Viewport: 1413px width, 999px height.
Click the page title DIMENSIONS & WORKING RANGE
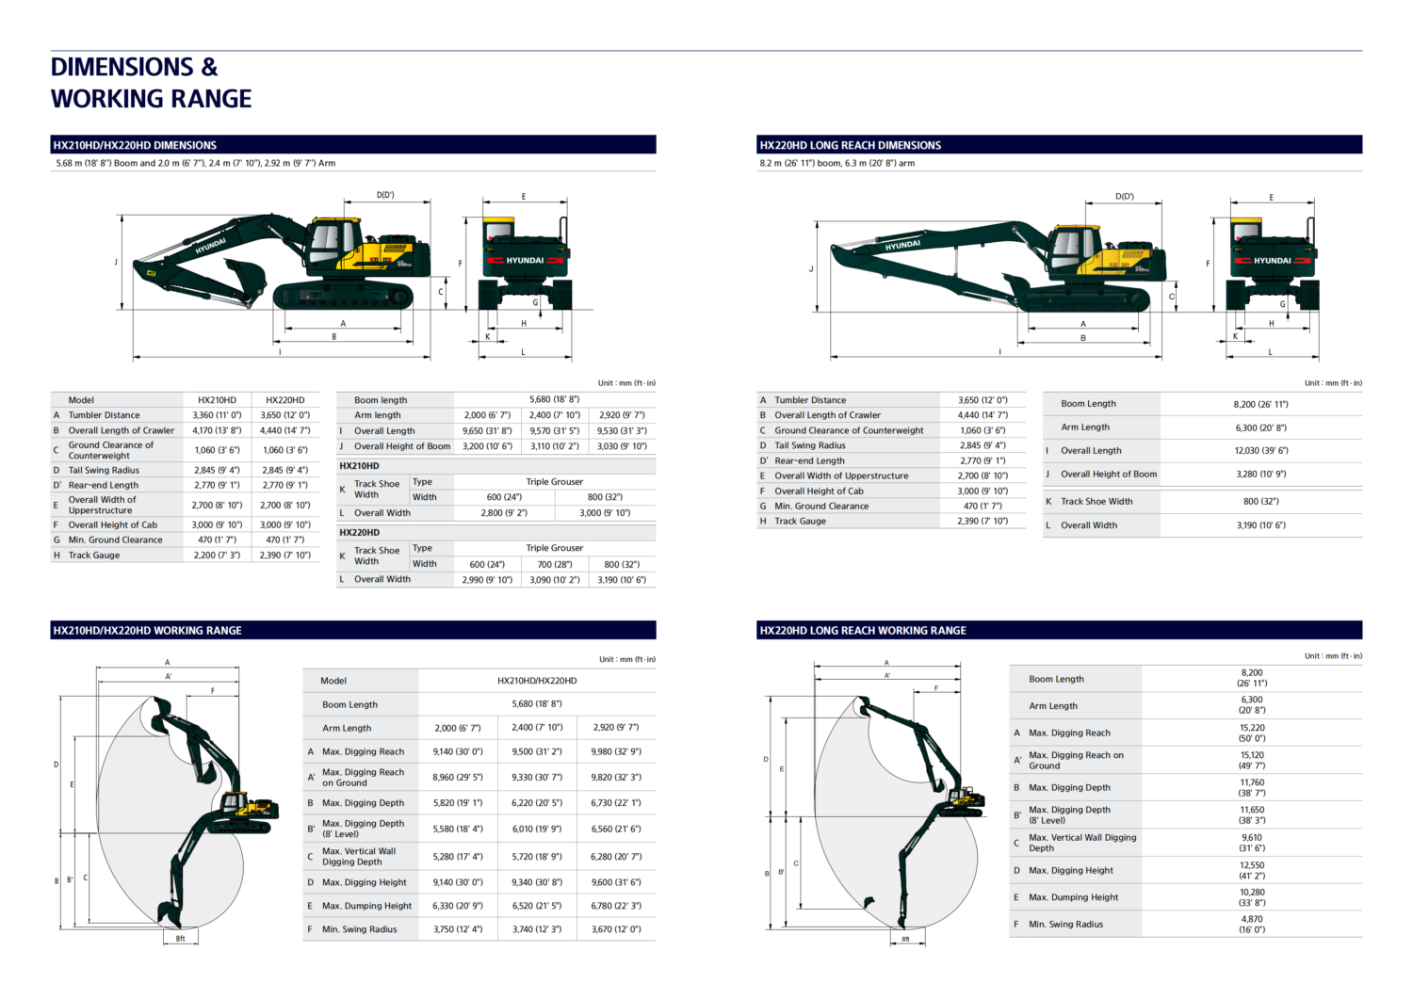(151, 83)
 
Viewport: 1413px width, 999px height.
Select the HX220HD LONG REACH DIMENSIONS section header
(850, 145)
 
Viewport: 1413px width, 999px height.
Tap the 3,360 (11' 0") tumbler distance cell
(217, 415)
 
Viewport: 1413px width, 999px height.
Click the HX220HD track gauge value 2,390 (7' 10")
(285, 555)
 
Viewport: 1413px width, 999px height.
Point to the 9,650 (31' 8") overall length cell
(487, 430)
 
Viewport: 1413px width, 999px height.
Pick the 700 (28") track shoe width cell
(555, 564)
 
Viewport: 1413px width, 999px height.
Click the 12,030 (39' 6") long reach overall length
(1261, 450)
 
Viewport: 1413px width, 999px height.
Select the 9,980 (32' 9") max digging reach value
(616, 751)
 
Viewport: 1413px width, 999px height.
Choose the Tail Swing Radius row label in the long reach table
(810, 445)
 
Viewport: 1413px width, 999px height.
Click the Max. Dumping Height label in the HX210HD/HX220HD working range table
(366, 906)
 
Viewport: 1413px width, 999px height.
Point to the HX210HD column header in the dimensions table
(217, 400)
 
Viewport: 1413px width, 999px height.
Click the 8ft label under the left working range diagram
(181, 939)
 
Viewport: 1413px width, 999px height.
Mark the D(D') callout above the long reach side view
(1124, 196)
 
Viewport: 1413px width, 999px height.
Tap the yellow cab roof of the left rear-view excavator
(498, 219)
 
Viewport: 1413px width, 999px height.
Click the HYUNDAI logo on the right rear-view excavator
(1272, 261)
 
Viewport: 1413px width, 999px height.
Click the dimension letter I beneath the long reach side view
(999, 351)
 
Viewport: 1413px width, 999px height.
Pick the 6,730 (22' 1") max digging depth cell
(616, 803)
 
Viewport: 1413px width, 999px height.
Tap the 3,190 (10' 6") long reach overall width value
(1261, 524)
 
